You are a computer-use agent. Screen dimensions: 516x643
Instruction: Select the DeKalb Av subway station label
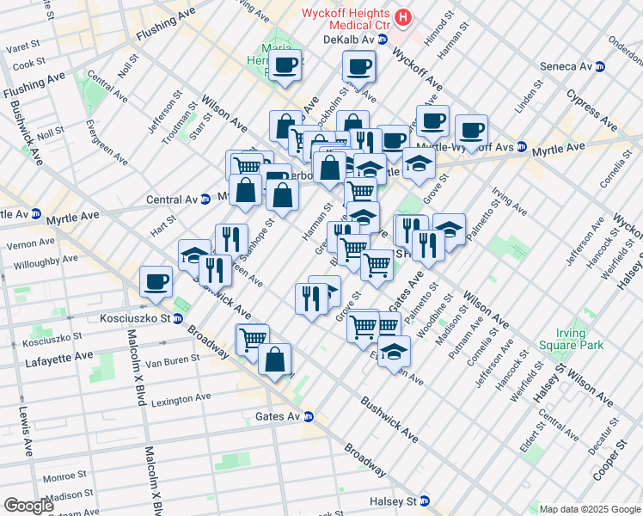pos(354,40)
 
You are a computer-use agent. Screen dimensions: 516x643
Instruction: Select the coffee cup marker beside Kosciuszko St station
pos(156,282)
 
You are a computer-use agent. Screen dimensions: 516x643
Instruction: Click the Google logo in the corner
pos(28,506)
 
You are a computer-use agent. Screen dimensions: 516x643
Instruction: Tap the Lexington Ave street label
pos(181,398)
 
